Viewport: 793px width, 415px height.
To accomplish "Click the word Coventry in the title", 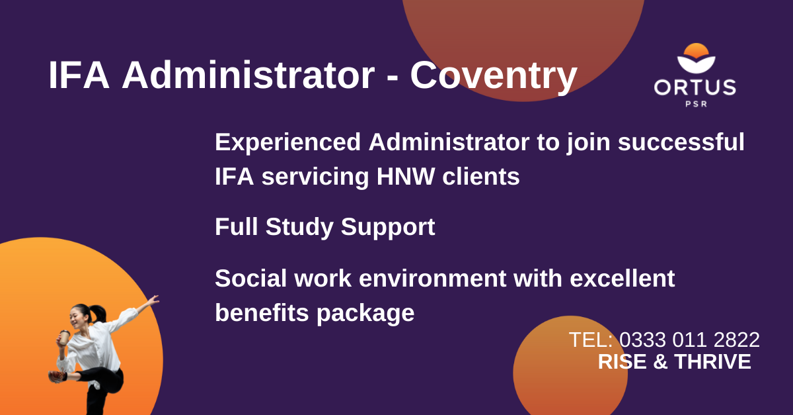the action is pos(494,76).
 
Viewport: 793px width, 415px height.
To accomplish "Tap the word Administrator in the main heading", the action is pos(248,75).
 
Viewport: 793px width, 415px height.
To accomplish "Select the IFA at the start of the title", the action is pos(79,75).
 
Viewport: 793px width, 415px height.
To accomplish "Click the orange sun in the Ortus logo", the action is pos(696,51).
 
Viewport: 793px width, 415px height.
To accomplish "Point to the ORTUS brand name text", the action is pos(695,87).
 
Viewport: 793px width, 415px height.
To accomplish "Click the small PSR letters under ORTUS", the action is pos(696,104).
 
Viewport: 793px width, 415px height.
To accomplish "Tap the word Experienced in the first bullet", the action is pos(288,142).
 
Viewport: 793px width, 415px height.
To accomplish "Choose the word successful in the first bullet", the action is pos(681,142).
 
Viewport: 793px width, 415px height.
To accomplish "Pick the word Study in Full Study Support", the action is pos(299,227).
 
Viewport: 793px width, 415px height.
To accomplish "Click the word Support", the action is pos(388,228).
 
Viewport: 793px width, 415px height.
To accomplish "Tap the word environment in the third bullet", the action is pos(433,279).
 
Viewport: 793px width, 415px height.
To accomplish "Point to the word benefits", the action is pos(262,313).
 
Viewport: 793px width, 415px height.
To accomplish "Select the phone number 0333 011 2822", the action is pos(689,340).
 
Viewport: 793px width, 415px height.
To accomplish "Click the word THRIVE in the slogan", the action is pos(712,362).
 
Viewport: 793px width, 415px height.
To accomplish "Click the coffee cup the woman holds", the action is pos(64,338).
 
